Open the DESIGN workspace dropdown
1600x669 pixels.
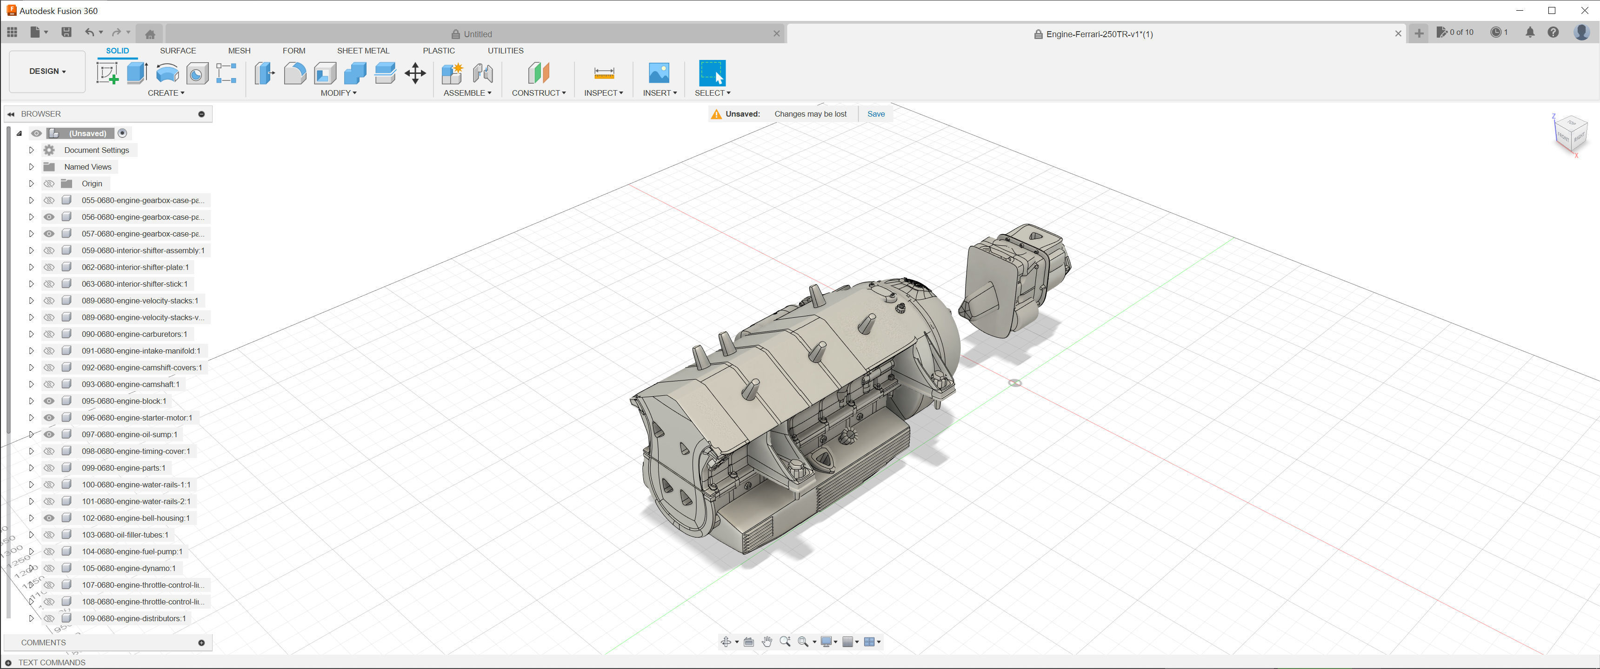[47, 72]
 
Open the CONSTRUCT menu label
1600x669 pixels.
[538, 93]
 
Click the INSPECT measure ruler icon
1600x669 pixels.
[604, 73]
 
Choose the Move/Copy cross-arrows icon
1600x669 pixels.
[415, 73]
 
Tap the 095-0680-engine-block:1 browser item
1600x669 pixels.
[124, 401]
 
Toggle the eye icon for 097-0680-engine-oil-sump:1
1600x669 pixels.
[49, 434]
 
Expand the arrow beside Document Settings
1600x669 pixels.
[31, 150]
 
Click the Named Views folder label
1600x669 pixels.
[87, 167]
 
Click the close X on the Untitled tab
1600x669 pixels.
[776, 34]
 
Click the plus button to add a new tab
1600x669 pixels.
[1419, 34]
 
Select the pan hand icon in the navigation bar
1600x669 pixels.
[767, 642]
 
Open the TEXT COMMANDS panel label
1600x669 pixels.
[52, 662]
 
